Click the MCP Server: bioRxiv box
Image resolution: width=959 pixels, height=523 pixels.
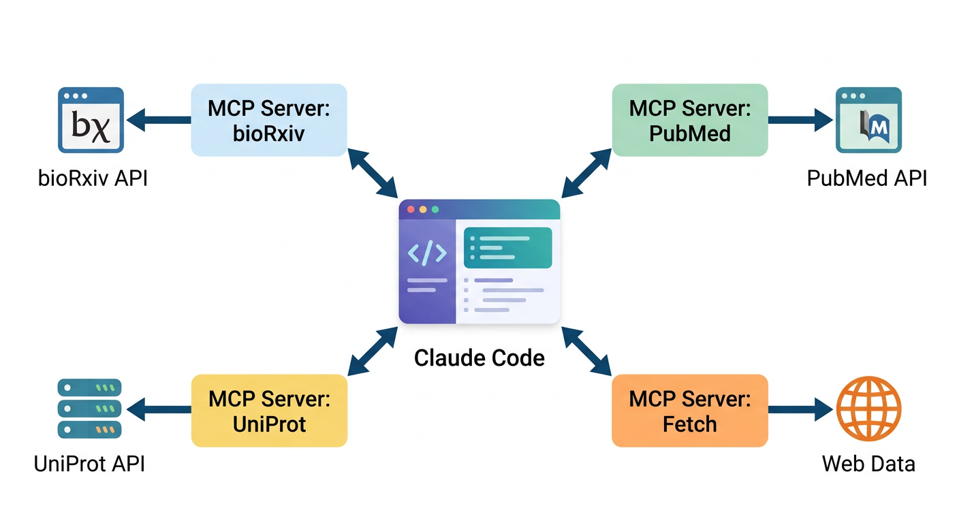[x=269, y=120]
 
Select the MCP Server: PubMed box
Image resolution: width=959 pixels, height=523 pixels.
[x=689, y=120]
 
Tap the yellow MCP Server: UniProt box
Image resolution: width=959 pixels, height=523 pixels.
[x=269, y=411]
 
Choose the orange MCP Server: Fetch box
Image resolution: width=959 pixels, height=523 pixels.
[x=689, y=411]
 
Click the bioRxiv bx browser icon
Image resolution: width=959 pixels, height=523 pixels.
[x=91, y=120]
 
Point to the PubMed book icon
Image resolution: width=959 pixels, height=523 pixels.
[x=868, y=120]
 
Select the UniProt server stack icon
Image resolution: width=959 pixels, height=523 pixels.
[x=89, y=409]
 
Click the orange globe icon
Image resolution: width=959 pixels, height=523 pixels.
[x=868, y=409]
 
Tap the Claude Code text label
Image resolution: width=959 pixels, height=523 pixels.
[x=479, y=358]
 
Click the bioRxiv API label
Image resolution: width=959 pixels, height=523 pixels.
[x=92, y=178]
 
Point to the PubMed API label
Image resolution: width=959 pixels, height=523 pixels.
[x=866, y=178]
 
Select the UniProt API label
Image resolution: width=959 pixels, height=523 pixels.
[x=89, y=464]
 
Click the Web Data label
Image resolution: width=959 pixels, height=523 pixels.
[x=868, y=464]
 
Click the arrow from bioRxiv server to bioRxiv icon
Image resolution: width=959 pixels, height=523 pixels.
[x=159, y=120]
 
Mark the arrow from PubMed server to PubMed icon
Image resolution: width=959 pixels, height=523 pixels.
[x=800, y=120]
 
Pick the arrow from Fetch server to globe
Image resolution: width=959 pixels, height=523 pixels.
[x=800, y=410]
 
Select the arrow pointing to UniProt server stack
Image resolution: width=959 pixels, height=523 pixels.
[x=159, y=410]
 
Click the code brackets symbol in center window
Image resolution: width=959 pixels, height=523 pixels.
[x=427, y=253]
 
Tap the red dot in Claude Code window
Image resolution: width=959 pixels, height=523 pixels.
[x=410, y=210]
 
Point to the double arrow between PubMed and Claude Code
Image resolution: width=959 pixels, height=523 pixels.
[x=586, y=173]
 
